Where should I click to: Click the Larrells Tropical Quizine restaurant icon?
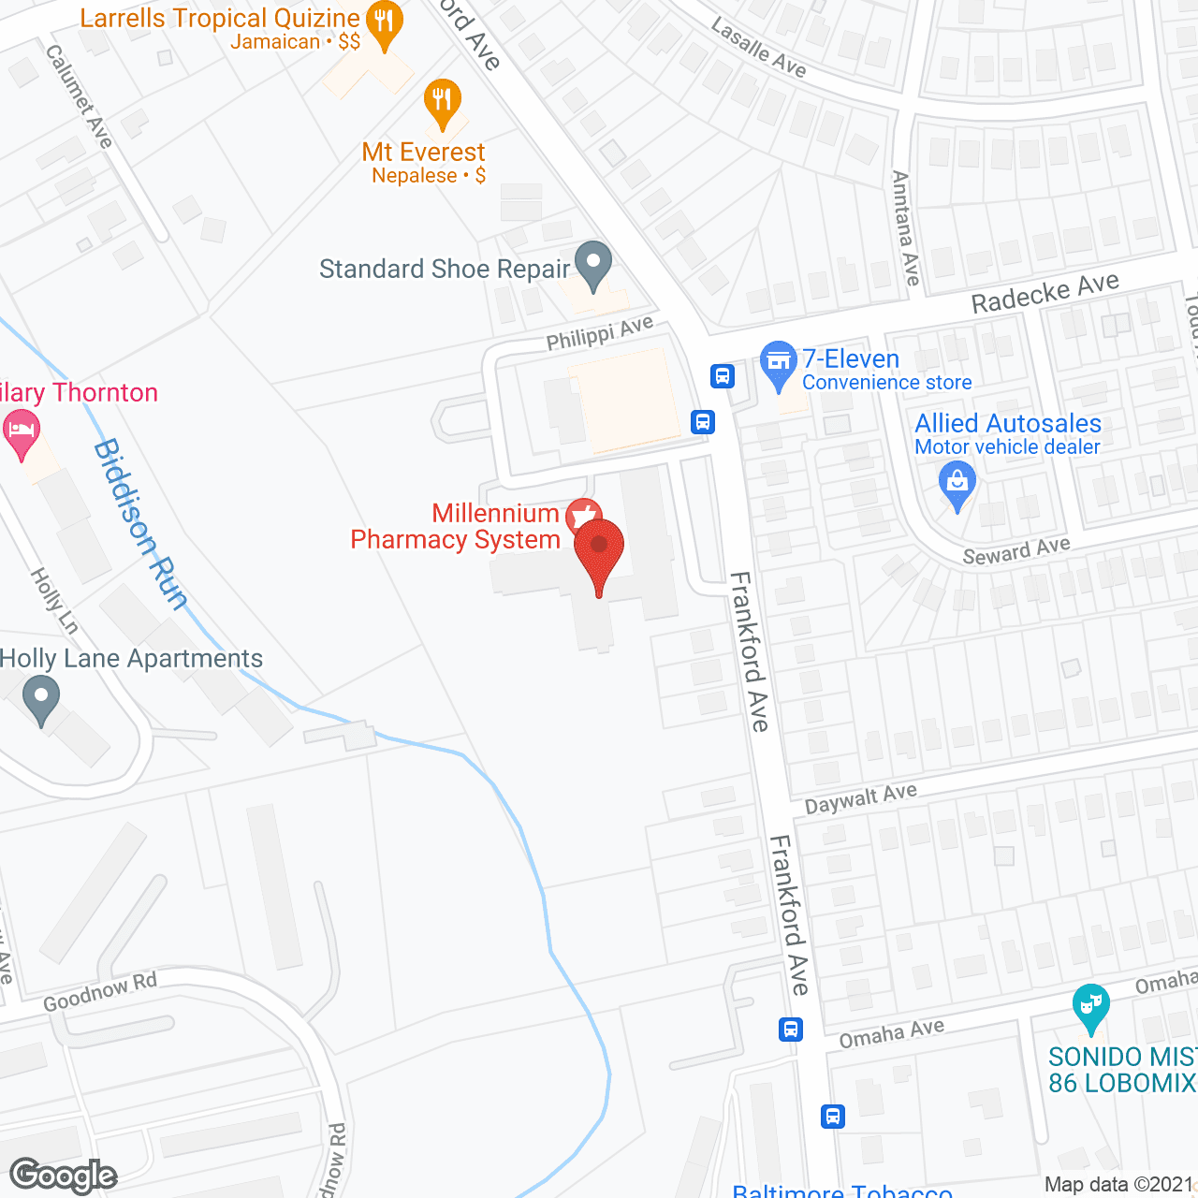pyautogui.click(x=384, y=22)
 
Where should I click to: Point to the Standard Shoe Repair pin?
pyautogui.click(x=592, y=264)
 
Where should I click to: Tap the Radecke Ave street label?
pyautogui.click(x=1045, y=293)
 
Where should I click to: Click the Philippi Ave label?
pyautogui.click(x=599, y=333)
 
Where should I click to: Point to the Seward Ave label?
pyautogui.click(x=1015, y=551)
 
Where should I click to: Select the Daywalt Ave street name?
pyautogui.click(x=860, y=798)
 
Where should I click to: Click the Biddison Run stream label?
pyautogui.click(x=140, y=524)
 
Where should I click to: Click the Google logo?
pyautogui.click(x=64, y=1176)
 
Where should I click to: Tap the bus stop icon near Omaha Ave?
pyautogui.click(x=791, y=1030)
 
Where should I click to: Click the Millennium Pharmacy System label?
pyautogui.click(x=455, y=526)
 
